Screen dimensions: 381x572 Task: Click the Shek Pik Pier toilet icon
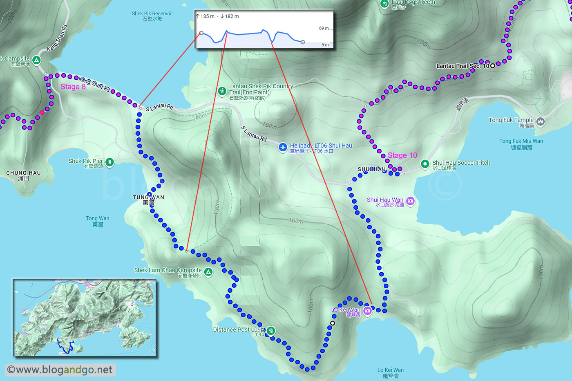[109, 162]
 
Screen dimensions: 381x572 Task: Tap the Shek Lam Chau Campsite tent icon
[208, 272]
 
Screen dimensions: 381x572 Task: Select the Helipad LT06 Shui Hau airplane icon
[283, 147]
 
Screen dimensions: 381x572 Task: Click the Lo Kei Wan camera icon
[367, 311]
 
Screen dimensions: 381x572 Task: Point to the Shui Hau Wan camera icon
[410, 201]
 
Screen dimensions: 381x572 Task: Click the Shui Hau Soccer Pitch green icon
[425, 164]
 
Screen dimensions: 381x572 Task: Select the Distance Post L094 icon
[270, 330]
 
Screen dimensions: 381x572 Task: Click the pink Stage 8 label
[73, 87]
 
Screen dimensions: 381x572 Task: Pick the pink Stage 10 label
[402, 155]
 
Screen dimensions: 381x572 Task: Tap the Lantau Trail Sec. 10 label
[463, 66]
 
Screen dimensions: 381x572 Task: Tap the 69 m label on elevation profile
[324, 28]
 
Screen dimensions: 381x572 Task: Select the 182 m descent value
[232, 16]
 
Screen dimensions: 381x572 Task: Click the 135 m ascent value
[207, 16]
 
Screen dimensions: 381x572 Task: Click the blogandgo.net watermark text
[60, 370]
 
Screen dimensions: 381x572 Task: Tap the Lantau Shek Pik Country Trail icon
[222, 91]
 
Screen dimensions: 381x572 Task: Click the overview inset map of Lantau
[85, 318]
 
